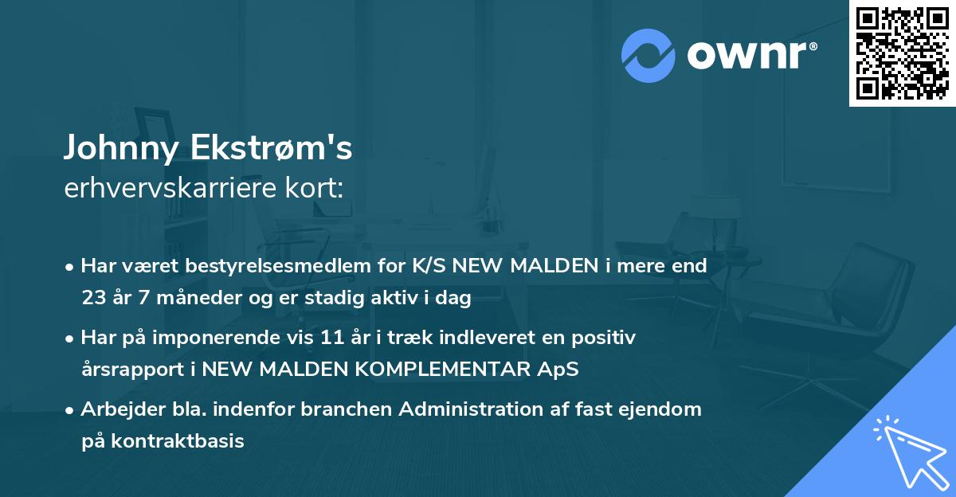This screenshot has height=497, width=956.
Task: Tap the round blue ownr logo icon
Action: (648, 56)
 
